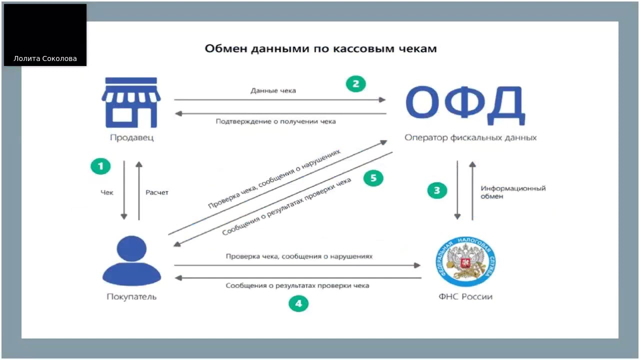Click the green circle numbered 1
click(100, 166)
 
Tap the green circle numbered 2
click(356, 84)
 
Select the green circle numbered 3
click(437, 190)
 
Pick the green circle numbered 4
click(298, 303)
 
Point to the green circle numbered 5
click(373, 178)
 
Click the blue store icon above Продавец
click(131, 102)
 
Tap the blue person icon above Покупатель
click(131, 260)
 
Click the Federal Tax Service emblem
click(465, 261)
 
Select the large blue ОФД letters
click(465, 105)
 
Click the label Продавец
click(132, 137)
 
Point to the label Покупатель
click(131, 296)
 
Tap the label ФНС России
click(465, 296)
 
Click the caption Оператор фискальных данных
click(470, 137)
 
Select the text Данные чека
click(273, 90)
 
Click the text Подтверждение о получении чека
click(275, 121)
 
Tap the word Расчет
click(157, 192)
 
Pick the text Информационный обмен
click(513, 192)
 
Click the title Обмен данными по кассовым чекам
click(320, 48)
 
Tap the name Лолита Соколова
click(45, 58)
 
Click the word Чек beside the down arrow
click(107, 192)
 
